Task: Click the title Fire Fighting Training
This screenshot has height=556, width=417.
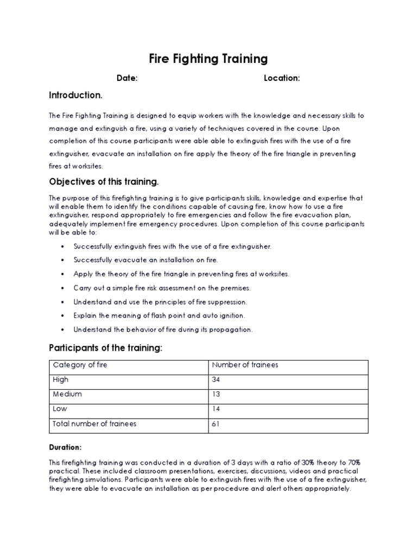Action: point(208,58)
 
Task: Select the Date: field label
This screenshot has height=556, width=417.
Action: point(127,78)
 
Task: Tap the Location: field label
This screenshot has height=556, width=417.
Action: point(282,78)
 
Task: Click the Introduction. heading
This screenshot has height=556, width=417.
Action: point(75,96)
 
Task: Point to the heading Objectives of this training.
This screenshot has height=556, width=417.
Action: point(104,181)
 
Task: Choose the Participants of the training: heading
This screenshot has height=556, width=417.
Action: point(106,347)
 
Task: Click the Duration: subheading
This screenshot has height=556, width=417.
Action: point(65,447)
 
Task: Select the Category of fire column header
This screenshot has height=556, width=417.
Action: point(80,365)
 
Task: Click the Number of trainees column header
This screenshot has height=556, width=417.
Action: point(245,365)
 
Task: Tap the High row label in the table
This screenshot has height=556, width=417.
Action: point(61,380)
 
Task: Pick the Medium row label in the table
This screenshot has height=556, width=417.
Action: point(67,394)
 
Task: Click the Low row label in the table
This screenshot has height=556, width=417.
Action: point(60,409)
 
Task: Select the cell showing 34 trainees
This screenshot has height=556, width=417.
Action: point(216,380)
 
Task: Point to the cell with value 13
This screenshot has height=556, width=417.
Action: point(216,394)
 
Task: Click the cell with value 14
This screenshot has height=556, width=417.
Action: point(216,409)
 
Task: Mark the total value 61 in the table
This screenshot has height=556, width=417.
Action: point(216,424)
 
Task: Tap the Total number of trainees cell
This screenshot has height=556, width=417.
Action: point(94,424)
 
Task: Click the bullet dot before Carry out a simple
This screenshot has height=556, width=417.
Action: point(63,288)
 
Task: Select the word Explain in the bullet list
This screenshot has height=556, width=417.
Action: point(86,315)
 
